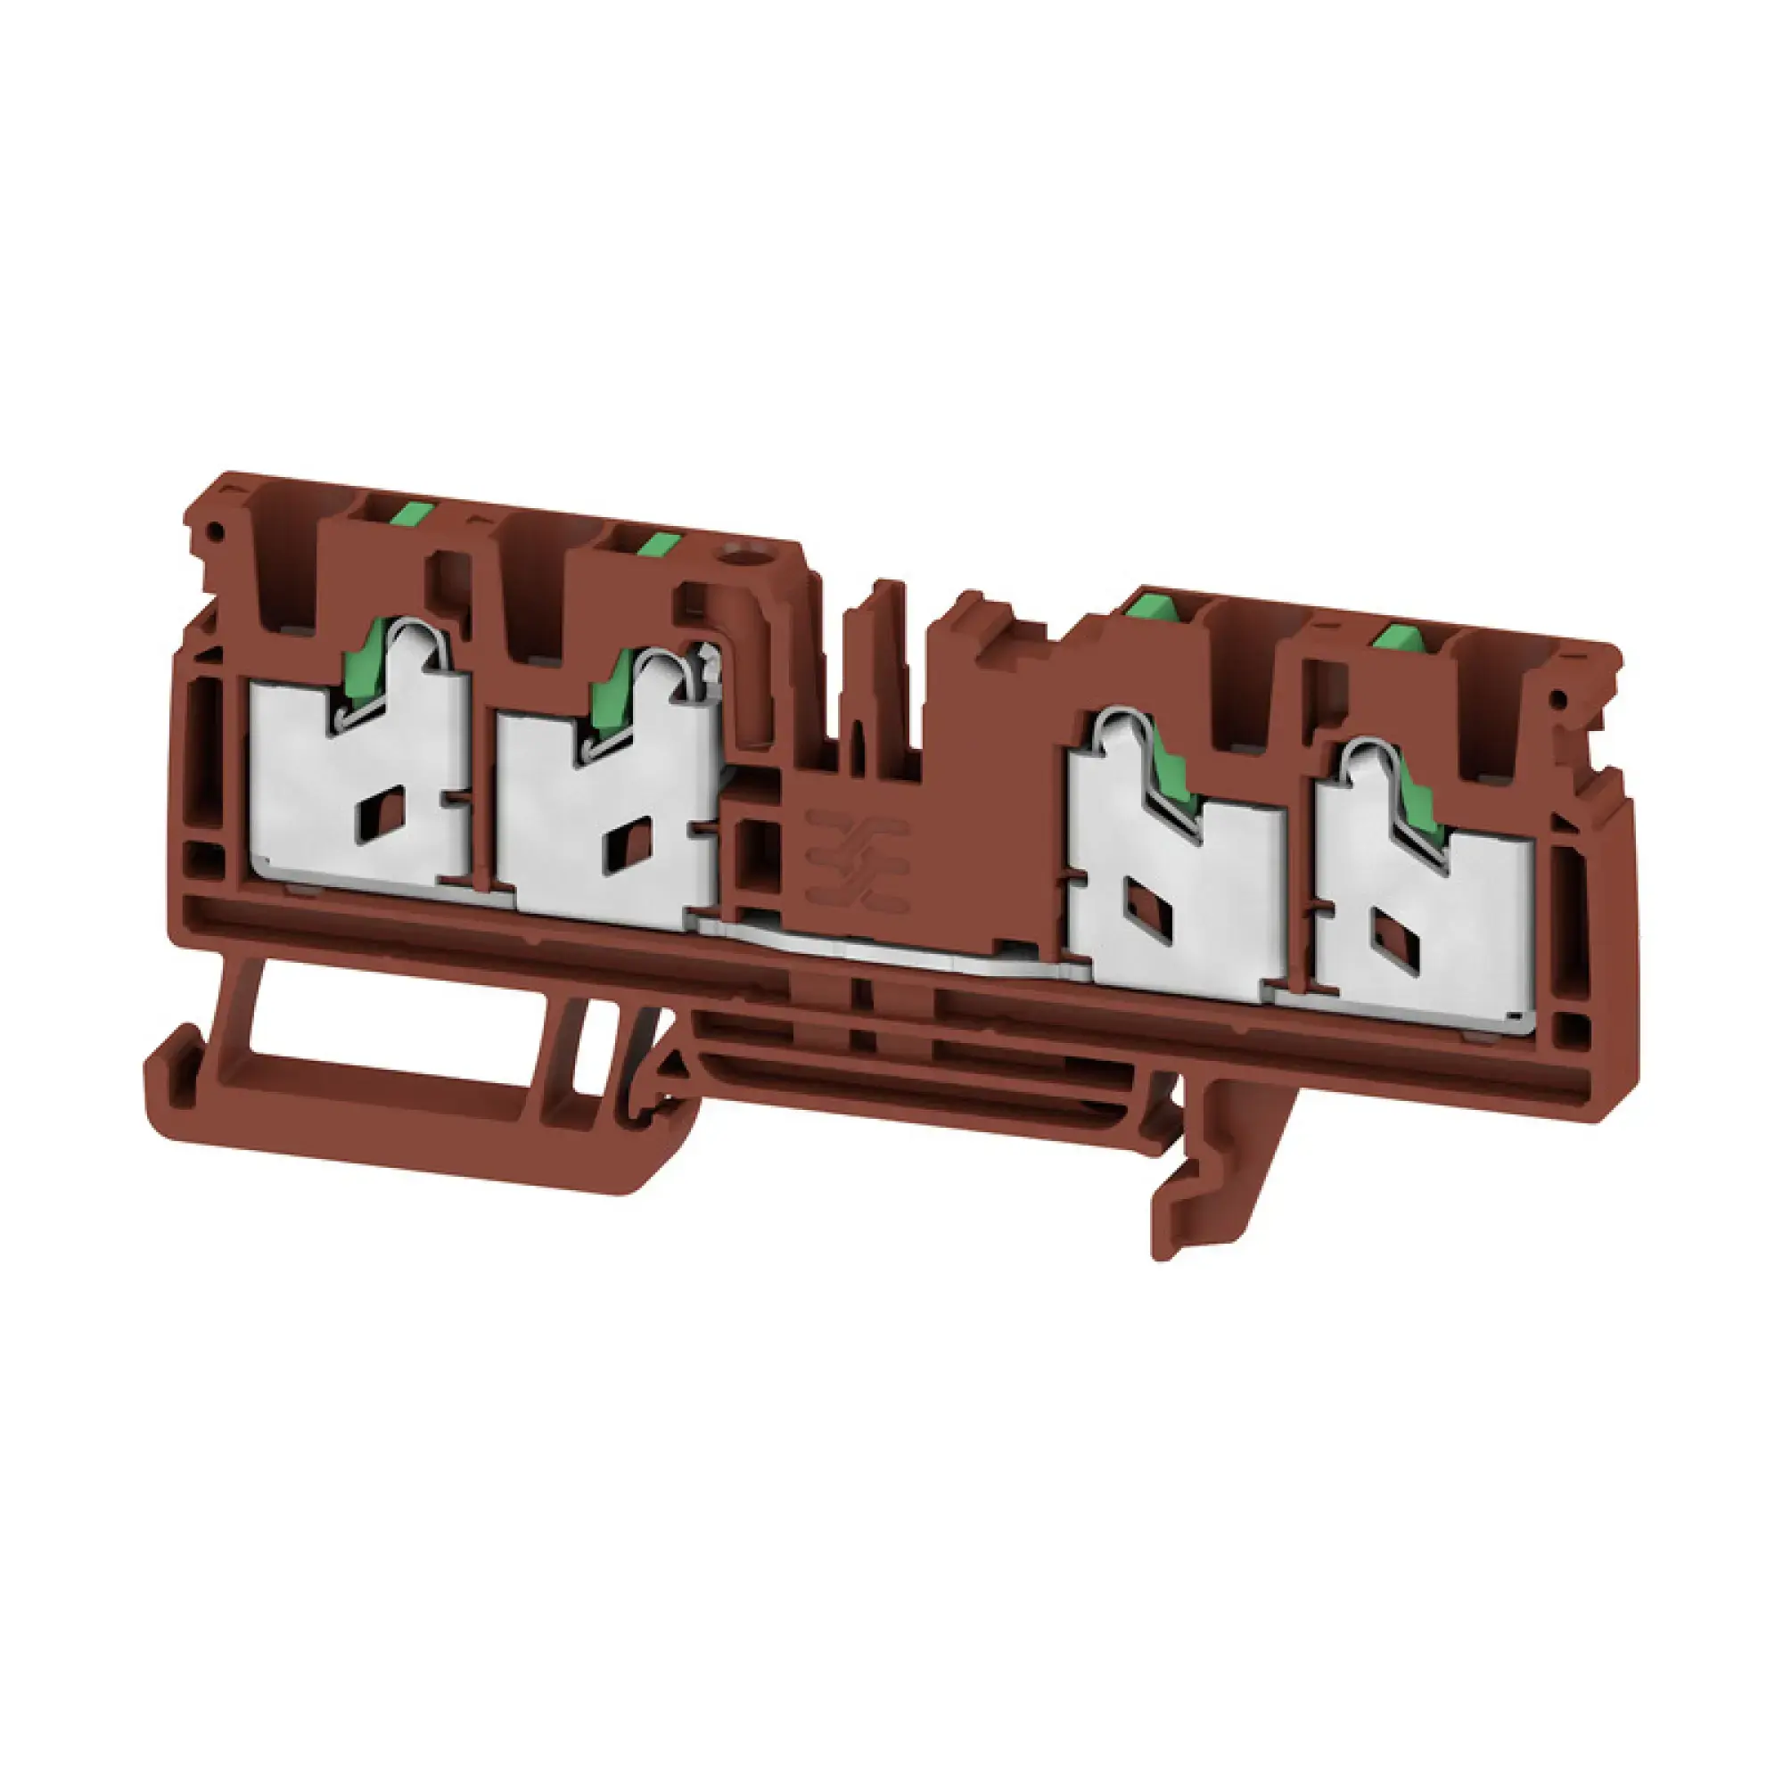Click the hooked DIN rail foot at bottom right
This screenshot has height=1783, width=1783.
(x=1190, y=1190)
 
